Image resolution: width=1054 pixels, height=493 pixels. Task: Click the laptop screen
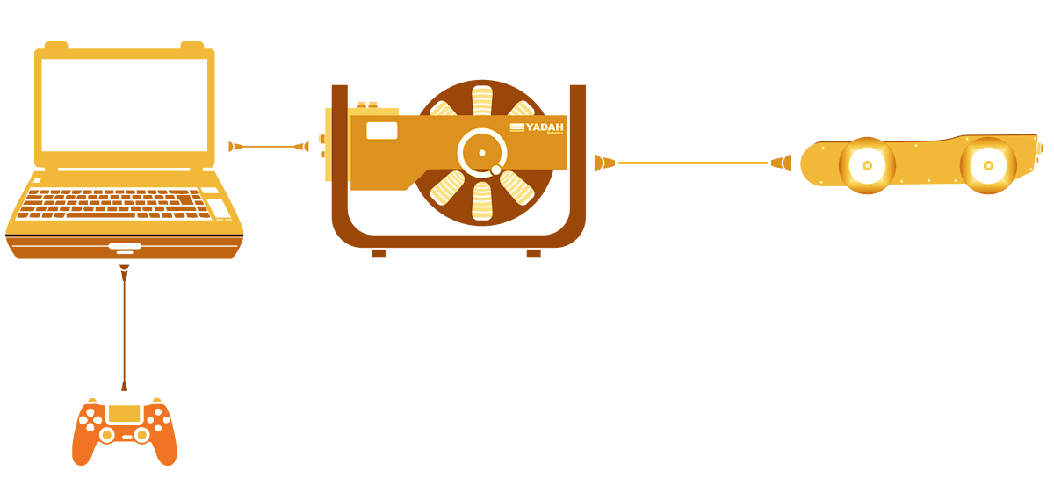125,105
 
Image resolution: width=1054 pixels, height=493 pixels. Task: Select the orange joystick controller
124,431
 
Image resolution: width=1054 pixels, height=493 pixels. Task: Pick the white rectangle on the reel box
381,131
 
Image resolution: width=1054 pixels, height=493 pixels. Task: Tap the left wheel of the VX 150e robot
867,164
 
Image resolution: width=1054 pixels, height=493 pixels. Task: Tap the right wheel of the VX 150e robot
988,164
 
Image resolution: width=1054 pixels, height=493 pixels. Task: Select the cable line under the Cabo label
694,163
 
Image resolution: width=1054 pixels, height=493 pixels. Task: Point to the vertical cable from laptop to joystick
125,325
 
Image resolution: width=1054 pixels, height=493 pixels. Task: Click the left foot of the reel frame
379,252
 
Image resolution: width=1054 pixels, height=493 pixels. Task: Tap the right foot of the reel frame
533,252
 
